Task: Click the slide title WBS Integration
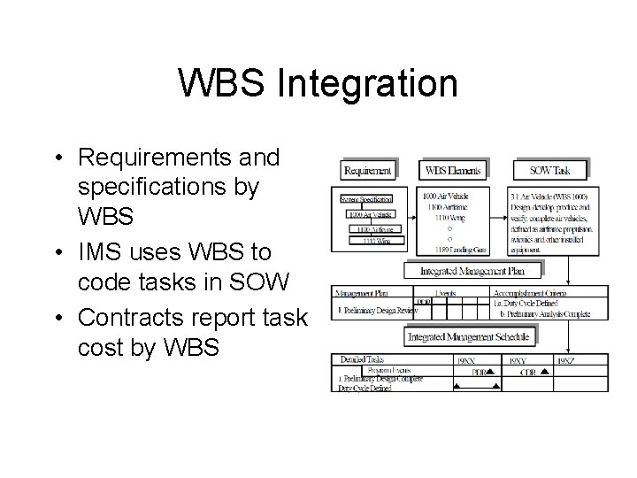(x=318, y=84)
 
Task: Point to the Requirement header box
(x=367, y=169)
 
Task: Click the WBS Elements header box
(x=455, y=169)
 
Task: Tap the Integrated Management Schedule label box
(x=469, y=337)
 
